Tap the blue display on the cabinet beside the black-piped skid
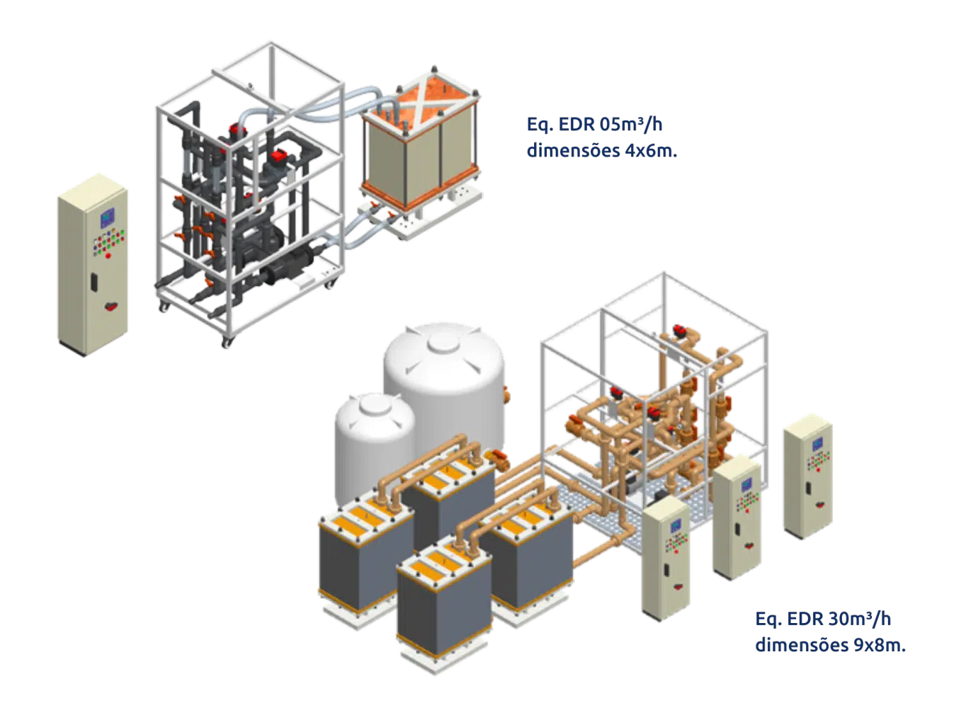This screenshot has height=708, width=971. coord(107,217)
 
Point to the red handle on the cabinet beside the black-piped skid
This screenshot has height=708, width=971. coord(110,306)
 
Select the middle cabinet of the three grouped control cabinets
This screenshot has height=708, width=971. coord(737,517)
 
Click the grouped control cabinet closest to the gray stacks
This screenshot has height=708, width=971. coord(666,559)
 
